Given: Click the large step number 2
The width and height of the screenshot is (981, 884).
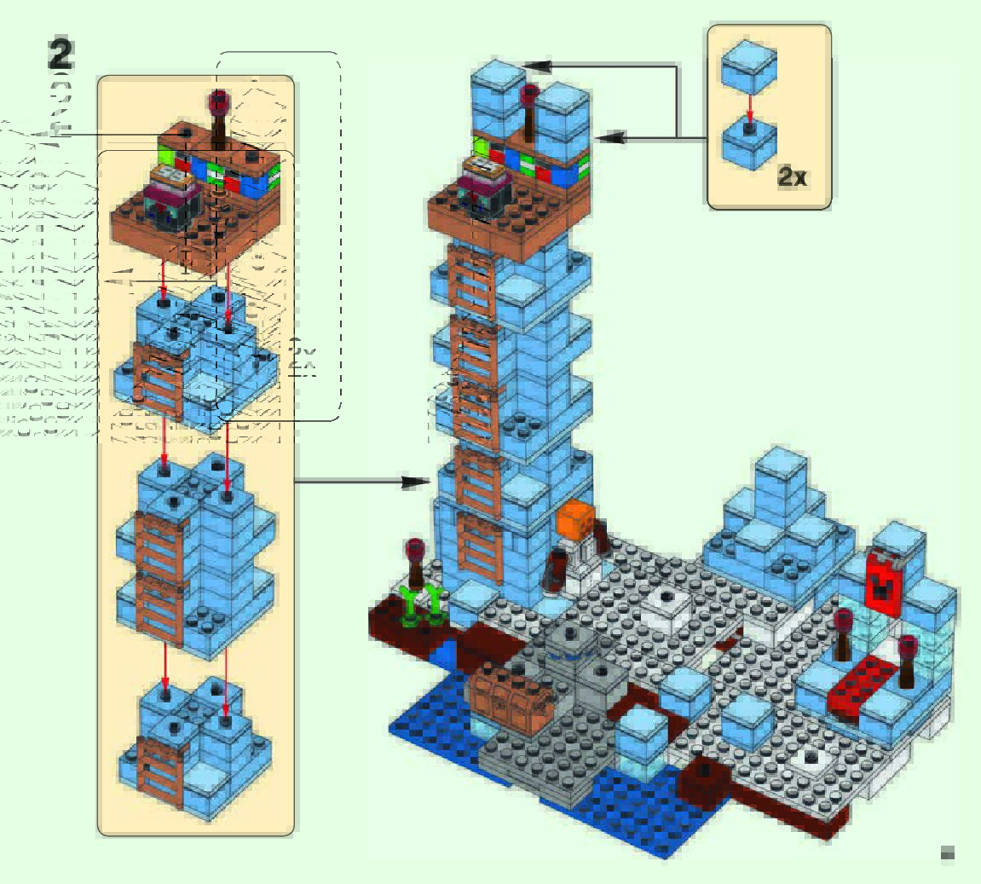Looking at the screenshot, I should [61, 55].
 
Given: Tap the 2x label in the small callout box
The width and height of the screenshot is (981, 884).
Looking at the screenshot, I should [792, 176].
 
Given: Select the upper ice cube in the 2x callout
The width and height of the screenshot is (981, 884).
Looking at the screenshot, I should [749, 67].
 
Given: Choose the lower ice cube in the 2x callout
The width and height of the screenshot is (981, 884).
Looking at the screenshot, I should [748, 142].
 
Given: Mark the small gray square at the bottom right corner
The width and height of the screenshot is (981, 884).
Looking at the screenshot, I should [947, 852].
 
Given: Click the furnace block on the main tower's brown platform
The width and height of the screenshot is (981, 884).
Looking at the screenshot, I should [482, 183].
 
